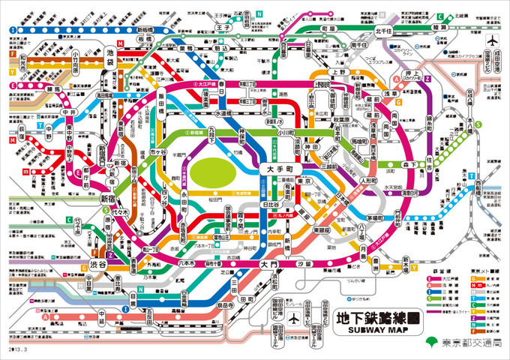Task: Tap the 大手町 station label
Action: pos(278,170)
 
